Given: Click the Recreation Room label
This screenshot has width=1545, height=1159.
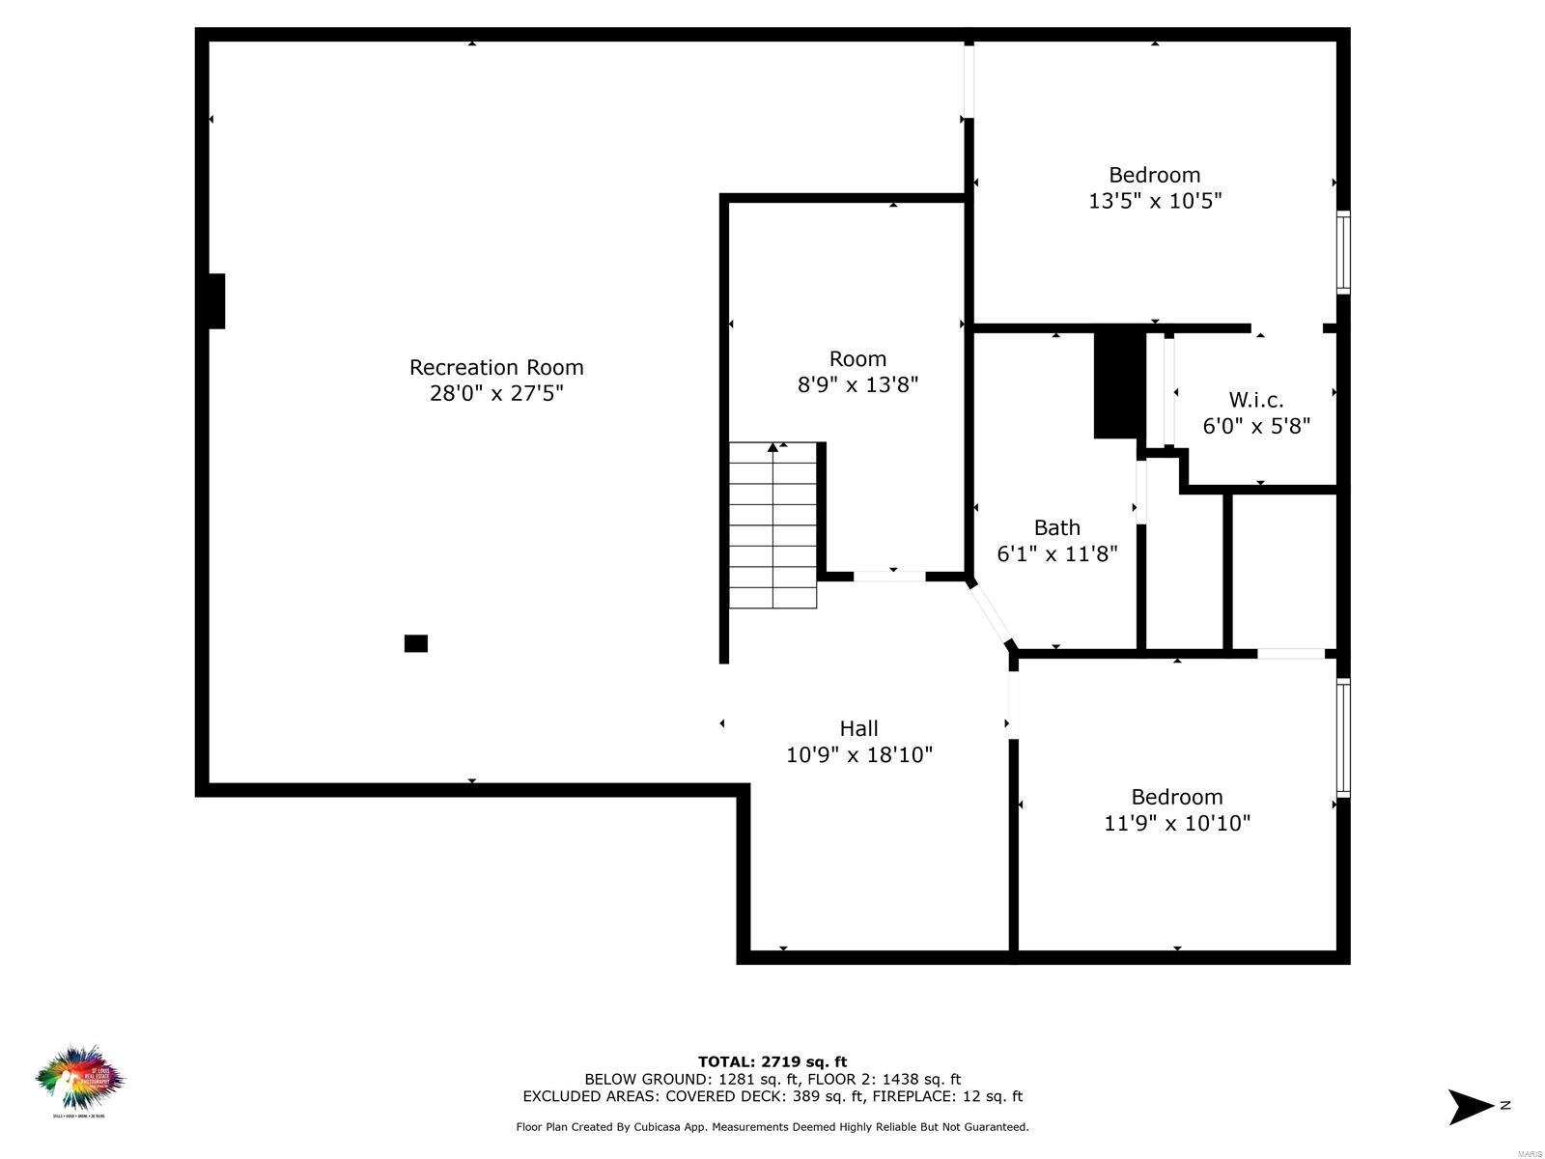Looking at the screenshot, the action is (496, 367).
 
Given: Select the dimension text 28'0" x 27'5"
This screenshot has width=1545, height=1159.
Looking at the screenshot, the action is (496, 393).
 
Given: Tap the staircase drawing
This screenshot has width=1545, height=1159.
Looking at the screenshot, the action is (772, 526).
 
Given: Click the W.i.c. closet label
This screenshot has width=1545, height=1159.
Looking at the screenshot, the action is (1256, 400).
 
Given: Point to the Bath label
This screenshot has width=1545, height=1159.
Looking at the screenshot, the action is (1057, 527).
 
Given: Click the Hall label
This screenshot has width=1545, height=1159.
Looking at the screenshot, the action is (858, 728).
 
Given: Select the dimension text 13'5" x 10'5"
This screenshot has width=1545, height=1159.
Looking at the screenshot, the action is (1155, 201).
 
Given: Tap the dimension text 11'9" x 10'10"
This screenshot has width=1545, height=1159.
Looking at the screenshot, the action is (1177, 823).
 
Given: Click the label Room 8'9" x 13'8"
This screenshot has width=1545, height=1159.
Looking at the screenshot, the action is (857, 372).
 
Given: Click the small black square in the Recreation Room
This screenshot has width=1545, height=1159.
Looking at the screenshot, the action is (416, 643).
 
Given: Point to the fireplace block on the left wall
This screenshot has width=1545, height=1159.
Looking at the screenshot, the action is (216, 301).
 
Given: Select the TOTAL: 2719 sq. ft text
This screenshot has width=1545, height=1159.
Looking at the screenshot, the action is (772, 1061).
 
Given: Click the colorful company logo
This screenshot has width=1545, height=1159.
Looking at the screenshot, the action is (80, 1080).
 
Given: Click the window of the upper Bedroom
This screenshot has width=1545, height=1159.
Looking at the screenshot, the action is (1342, 251).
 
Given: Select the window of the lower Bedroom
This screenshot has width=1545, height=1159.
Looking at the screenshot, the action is (1342, 738).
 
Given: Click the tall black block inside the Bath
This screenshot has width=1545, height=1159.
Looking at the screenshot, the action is (1118, 385).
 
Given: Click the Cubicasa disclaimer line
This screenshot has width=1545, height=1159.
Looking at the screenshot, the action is (772, 1126).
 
